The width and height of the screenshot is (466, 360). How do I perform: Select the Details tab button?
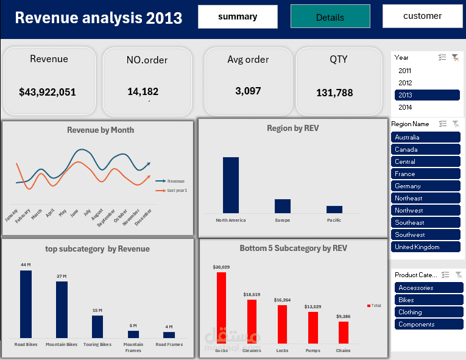[330, 17]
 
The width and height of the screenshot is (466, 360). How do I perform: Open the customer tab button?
[422, 16]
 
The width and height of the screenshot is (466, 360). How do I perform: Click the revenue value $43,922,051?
[48, 93]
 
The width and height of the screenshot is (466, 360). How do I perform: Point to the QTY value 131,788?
[334, 93]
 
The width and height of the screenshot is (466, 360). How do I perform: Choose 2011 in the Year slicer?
[405, 71]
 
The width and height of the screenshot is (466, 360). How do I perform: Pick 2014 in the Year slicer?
[405, 107]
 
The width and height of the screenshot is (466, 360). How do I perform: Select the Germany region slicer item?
[426, 186]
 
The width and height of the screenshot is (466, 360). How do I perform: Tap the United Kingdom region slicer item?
[426, 247]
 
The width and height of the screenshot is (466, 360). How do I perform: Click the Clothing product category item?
[426, 312]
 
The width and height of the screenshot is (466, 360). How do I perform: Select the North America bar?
[231, 185]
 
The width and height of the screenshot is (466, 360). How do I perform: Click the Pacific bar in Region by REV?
[334, 209]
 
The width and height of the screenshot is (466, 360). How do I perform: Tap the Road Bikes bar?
[26, 304]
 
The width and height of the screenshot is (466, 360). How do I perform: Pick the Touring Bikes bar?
[97, 326]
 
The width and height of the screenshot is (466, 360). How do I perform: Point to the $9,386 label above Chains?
[343, 317]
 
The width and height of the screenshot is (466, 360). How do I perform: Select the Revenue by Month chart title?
[101, 130]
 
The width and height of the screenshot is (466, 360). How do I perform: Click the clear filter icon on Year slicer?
[454, 57]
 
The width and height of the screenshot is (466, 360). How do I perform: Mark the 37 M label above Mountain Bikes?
[62, 277]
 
